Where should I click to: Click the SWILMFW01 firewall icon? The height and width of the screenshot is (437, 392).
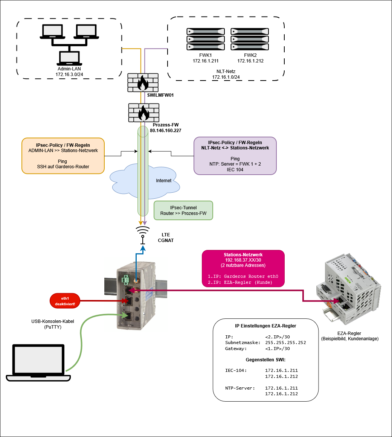pos(143,82)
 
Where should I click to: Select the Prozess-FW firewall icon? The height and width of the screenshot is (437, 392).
pos(143,112)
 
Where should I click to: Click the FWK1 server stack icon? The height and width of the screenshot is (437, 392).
pos(205,39)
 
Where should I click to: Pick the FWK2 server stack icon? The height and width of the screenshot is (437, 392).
pos(250,39)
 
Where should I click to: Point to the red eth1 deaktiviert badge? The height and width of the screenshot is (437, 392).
pos(65,301)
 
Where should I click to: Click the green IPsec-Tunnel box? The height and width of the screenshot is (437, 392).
pos(183,210)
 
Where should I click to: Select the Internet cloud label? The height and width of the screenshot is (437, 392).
pos(164,181)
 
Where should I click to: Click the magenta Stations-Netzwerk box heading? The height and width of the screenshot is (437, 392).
pos(243,255)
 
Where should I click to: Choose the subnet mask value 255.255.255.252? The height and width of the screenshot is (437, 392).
pos(285,343)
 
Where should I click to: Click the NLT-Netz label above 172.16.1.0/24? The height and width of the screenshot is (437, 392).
pos(226,71)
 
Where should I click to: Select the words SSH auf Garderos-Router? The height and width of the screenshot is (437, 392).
pos(63,166)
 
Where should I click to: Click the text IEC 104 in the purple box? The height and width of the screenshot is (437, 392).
pos(235,170)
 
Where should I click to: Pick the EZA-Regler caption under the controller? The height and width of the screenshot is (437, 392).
pos(349,333)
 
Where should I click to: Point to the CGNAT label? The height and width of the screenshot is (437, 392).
pos(166,241)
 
